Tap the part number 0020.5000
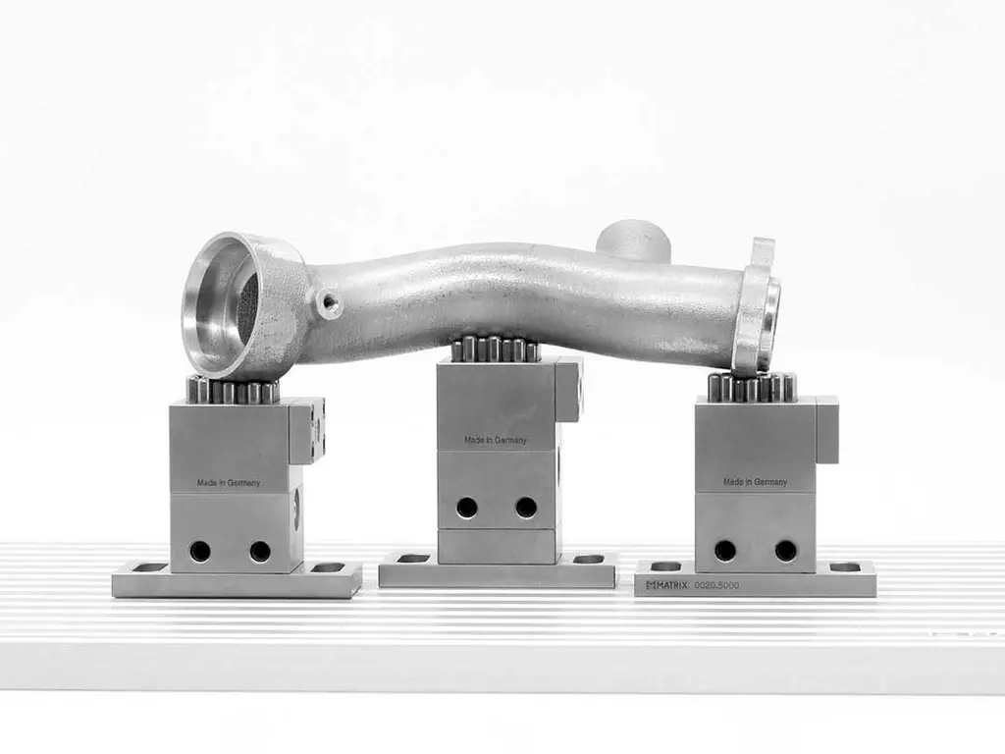[716, 585]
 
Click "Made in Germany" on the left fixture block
[228, 483]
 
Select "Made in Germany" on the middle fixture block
[496, 441]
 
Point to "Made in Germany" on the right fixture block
[755, 481]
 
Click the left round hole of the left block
[200, 551]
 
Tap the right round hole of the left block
[260, 552]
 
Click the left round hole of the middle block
[466, 508]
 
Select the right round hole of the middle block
[526, 508]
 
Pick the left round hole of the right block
[725, 550]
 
